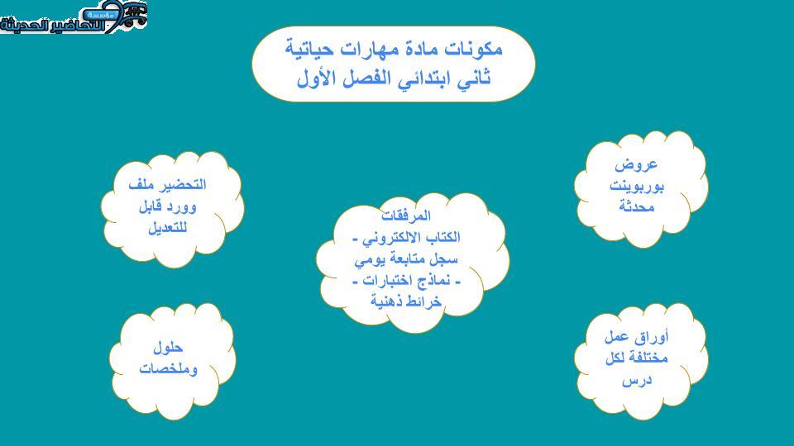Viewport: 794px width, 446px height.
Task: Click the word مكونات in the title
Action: pyautogui.click(x=473, y=49)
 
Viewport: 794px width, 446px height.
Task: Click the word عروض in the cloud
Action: pyautogui.click(x=636, y=165)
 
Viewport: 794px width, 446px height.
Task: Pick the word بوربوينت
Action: pyautogui.click(x=637, y=186)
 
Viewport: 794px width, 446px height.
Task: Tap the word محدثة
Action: pyautogui.click(x=637, y=206)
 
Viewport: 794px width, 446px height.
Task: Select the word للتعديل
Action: pyautogui.click(x=168, y=228)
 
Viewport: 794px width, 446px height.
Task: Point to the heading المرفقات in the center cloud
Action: pyautogui.click(x=405, y=216)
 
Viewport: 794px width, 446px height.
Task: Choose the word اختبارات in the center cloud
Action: pyautogui.click(x=389, y=281)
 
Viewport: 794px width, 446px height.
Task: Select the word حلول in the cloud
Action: pyautogui.click(x=168, y=348)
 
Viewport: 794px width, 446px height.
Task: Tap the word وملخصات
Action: pyautogui.click(x=168, y=369)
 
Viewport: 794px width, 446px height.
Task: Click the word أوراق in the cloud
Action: pyautogui.click(x=652, y=337)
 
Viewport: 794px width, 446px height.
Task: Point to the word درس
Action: pyautogui.click(x=637, y=380)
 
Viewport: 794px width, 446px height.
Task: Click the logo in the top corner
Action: pyautogui.click(x=74, y=17)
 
